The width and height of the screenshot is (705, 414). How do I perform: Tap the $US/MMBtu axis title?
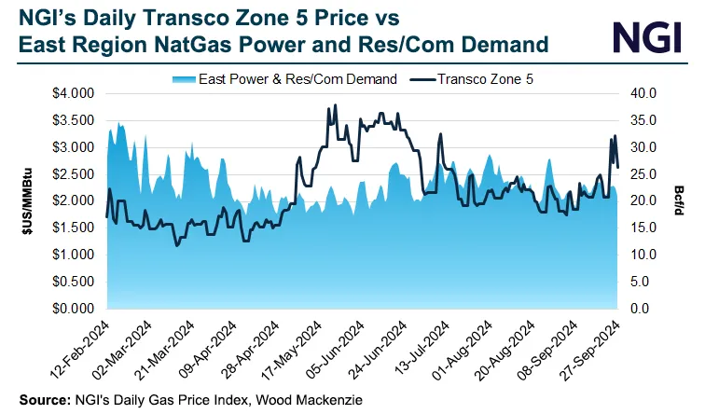click(x=27, y=200)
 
